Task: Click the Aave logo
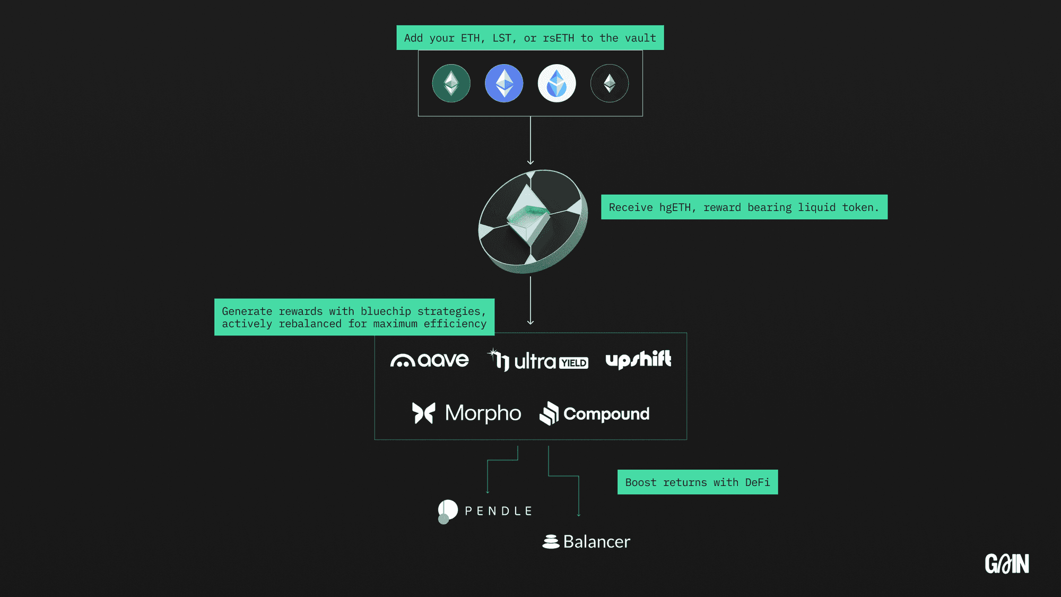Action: coord(430,361)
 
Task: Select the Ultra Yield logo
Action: coord(538,360)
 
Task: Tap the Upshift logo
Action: coord(638,359)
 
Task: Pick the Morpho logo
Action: coord(467,413)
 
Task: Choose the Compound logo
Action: coord(594,413)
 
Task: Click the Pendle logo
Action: coord(485,511)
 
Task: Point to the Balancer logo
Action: coord(586,541)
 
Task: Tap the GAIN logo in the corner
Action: coord(1007,564)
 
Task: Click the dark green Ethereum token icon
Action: coord(451,83)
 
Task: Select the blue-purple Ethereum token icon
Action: coord(504,83)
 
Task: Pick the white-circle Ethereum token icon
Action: coord(556,83)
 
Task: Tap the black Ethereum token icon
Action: coord(610,83)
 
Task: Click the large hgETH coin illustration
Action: coord(533,221)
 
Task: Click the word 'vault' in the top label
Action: coord(640,38)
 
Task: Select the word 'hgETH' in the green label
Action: coord(675,207)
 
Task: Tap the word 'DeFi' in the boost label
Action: coord(757,482)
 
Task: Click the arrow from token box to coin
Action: coord(530,141)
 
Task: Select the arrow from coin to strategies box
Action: coord(530,300)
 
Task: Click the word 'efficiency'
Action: coord(455,324)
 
